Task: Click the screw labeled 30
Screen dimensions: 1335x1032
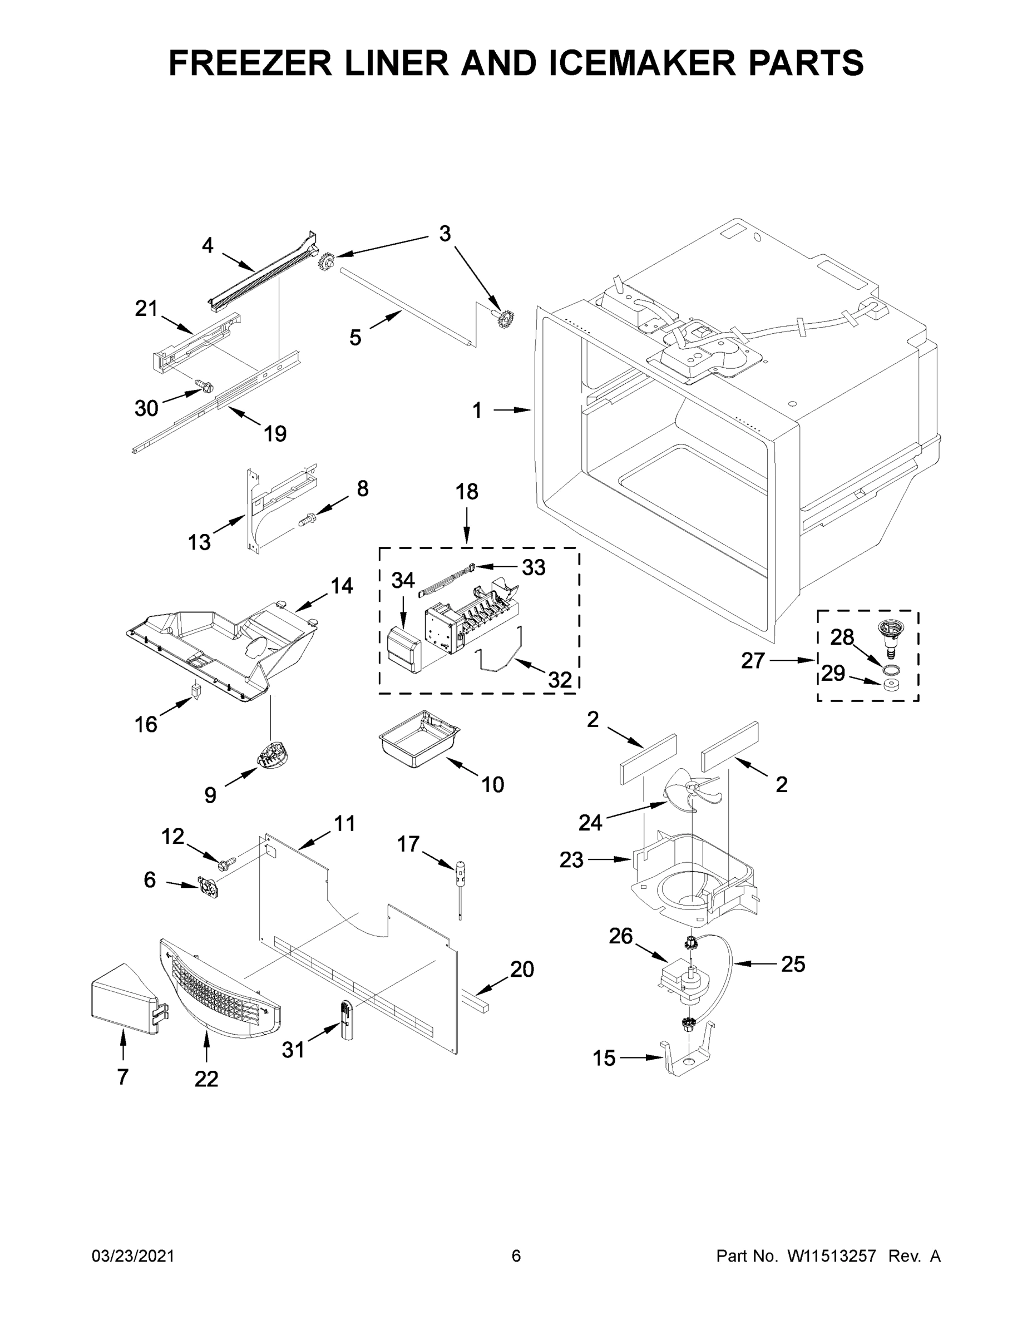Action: tap(205, 385)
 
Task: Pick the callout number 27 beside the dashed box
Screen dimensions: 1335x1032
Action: tap(753, 660)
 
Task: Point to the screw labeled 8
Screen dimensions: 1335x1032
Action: tap(307, 520)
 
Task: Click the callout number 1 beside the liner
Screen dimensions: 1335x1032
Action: tap(477, 411)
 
